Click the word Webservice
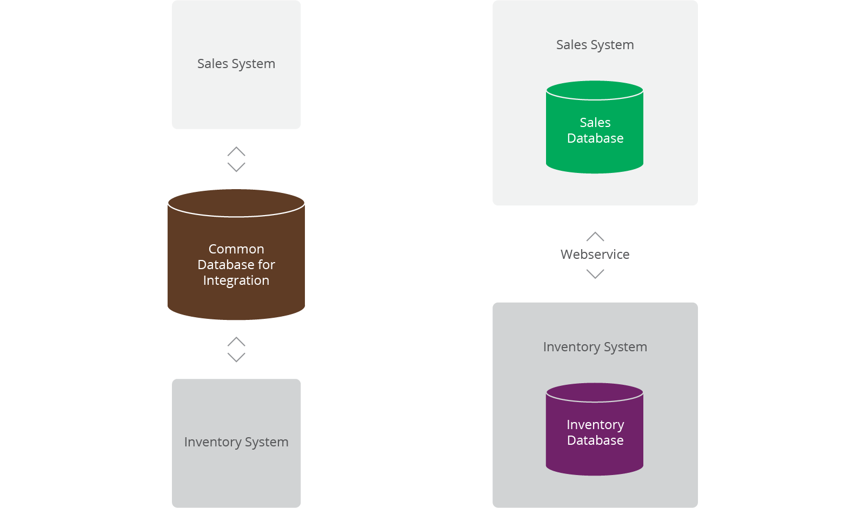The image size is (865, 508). [595, 255]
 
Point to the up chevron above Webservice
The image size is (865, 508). [595, 236]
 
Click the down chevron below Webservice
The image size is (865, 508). [595, 274]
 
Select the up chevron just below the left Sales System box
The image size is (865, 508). [236, 151]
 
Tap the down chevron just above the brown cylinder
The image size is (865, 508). [236, 167]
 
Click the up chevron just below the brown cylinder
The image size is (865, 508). [236, 342]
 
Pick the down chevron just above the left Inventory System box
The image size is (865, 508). [236, 357]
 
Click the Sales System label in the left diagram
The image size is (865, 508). [236, 64]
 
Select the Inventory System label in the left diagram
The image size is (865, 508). [236, 442]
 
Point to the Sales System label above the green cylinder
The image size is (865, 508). [595, 45]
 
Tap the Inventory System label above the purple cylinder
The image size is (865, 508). [595, 347]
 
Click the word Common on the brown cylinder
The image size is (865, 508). [236, 249]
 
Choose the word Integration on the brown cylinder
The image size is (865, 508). [236, 280]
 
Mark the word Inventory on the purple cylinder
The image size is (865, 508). [595, 425]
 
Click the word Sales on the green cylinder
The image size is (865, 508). [595, 123]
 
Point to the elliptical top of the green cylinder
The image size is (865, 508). [595, 90]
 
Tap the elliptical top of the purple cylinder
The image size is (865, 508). [595, 392]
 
